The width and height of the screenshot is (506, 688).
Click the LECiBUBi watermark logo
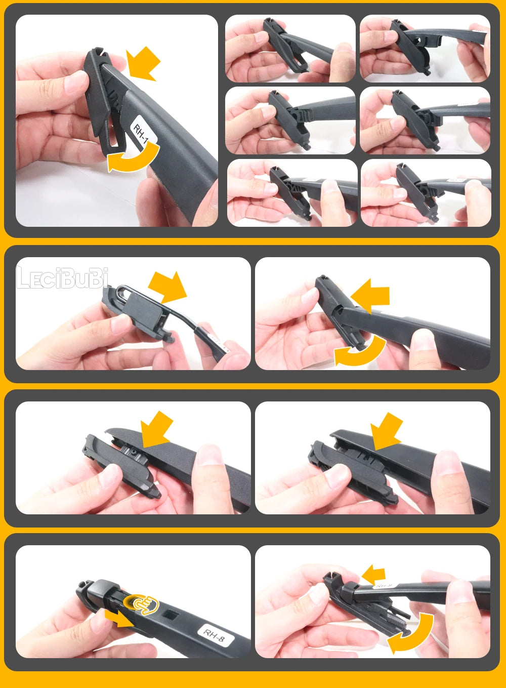(x=62, y=278)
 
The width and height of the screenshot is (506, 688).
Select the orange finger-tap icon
(x=144, y=603)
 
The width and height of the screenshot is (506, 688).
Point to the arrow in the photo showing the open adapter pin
(x=156, y=429)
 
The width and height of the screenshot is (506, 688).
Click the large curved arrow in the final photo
(x=412, y=635)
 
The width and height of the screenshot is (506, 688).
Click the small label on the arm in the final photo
(x=385, y=586)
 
